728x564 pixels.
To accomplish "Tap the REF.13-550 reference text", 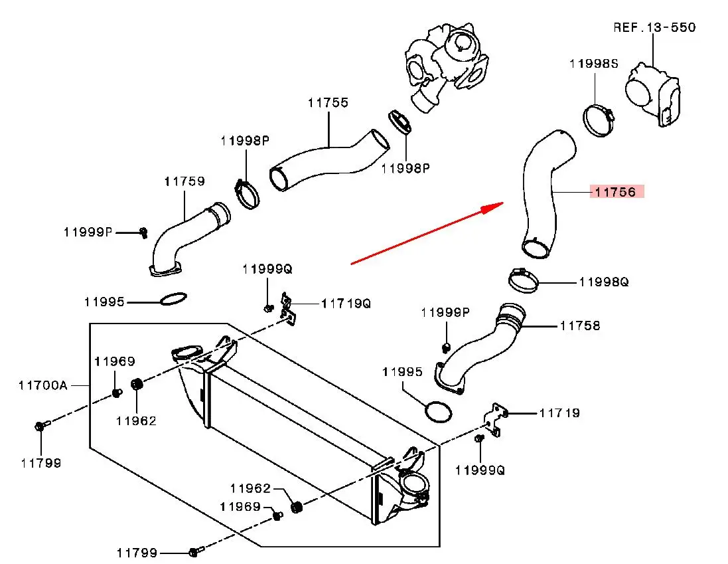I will click(x=653, y=27).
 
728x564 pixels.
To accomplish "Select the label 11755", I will click(x=328, y=103).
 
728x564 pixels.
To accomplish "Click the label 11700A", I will click(x=42, y=385).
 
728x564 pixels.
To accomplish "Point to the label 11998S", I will click(x=593, y=64).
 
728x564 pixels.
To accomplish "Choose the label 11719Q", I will click(x=346, y=304).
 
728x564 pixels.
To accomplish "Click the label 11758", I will click(x=580, y=326).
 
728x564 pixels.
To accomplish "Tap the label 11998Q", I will click(x=603, y=282).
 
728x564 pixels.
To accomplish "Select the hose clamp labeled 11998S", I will click(x=599, y=121).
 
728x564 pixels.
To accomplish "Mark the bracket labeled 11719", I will click(x=496, y=419).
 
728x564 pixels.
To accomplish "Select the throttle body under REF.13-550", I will click(x=653, y=93).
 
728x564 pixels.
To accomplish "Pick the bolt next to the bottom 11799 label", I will click(x=194, y=551).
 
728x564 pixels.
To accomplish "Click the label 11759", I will click(x=184, y=181).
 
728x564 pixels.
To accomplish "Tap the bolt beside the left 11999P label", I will click(x=143, y=232).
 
